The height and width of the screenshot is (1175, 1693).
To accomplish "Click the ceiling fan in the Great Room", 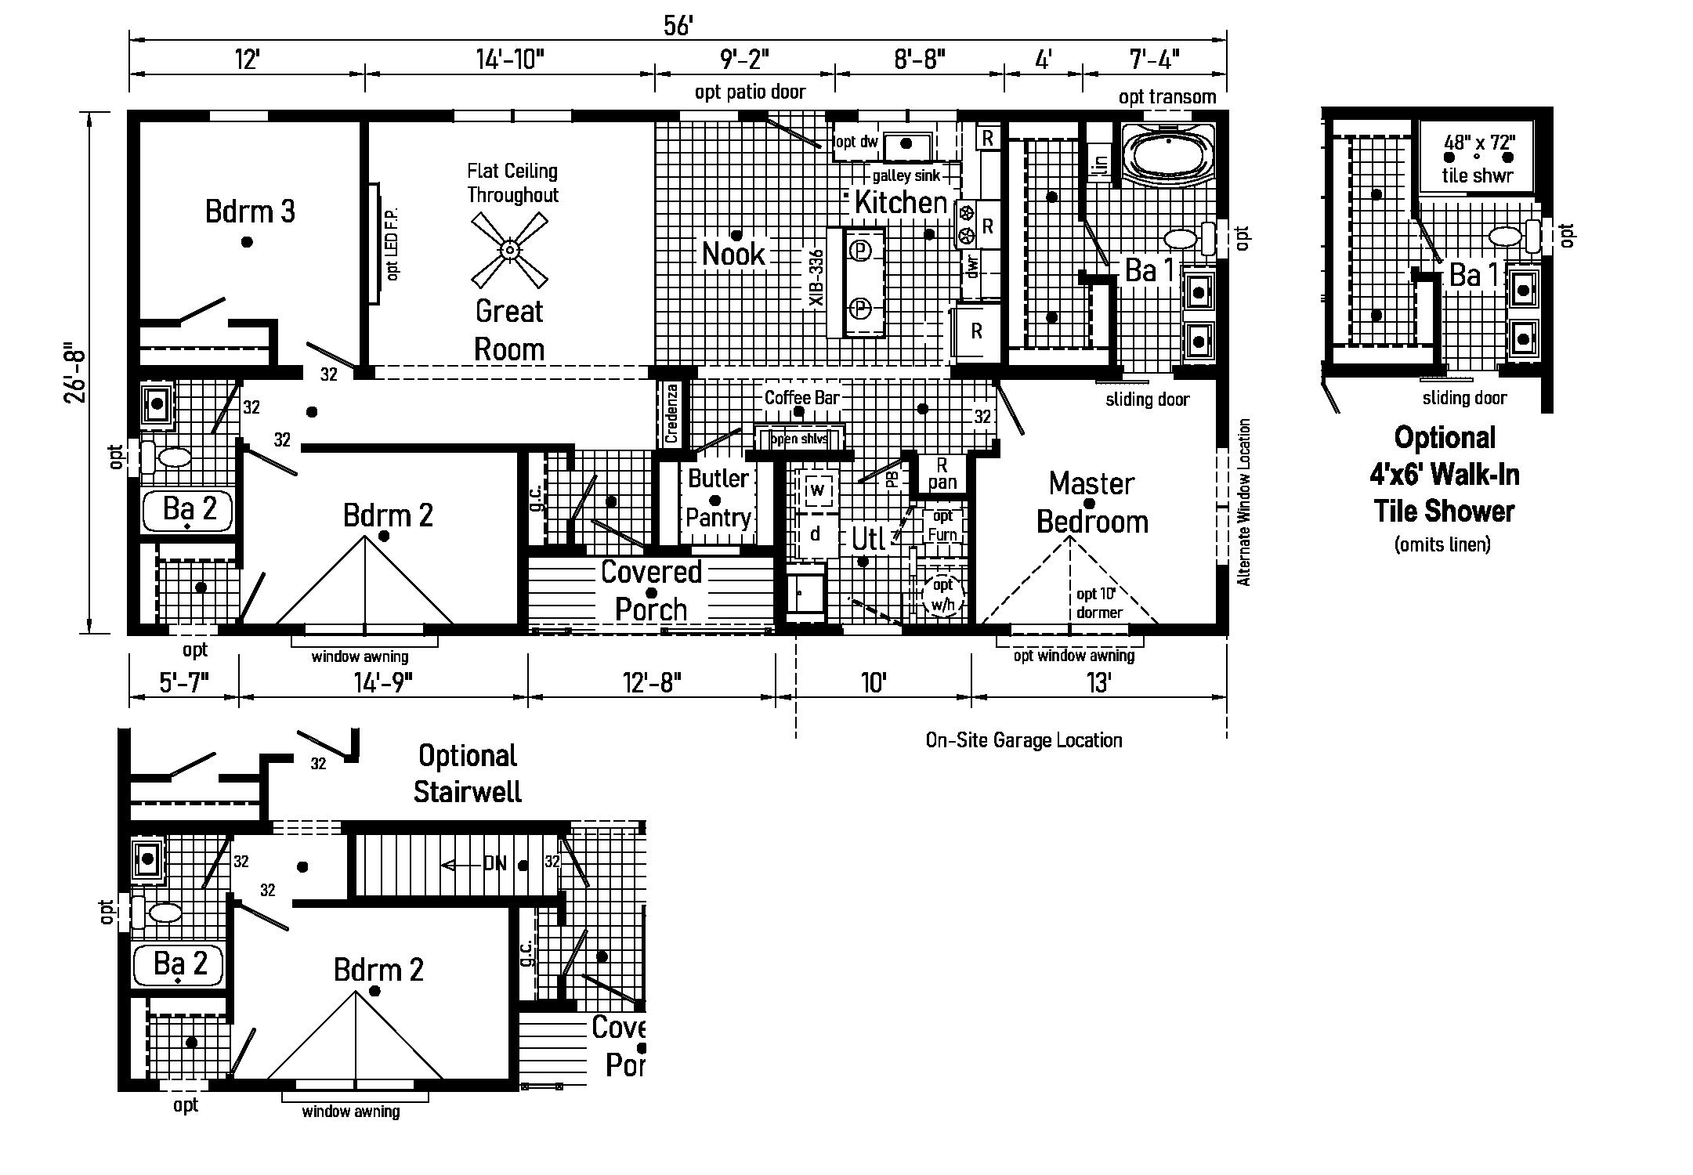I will point(509,251).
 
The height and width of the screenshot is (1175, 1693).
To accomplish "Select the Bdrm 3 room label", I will point(250,211).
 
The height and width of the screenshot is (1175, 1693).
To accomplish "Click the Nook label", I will point(733,254).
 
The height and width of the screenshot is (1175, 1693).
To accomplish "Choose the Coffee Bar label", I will point(801,397).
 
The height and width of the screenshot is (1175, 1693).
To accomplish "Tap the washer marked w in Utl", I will point(817,490).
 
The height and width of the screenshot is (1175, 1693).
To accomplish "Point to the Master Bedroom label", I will point(1092,503).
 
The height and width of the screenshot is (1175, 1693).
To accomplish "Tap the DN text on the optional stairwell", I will point(495,864).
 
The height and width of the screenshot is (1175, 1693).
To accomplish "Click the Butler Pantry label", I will point(718,498).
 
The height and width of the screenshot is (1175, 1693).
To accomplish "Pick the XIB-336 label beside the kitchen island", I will point(817,278).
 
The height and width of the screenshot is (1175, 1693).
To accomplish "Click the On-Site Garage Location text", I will point(1023,740).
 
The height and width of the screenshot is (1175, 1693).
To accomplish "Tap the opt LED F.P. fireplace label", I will point(393,244).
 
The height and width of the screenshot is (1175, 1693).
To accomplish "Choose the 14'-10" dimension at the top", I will point(509,59).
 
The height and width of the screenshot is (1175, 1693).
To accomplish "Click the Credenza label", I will point(671,414).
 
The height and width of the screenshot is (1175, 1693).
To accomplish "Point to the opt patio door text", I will point(750,92).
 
